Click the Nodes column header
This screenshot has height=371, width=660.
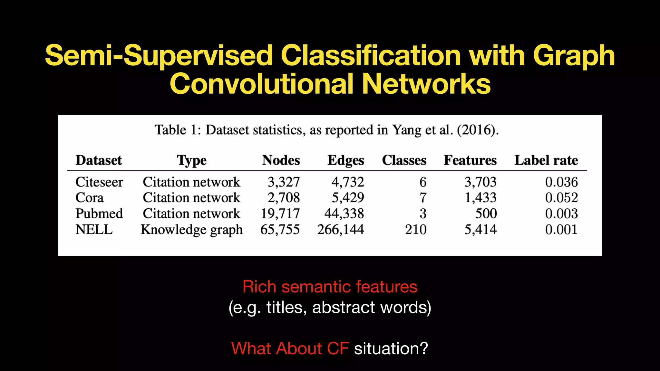pyautogui.click(x=281, y=160)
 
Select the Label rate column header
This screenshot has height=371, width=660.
pyautogui.click(x=546, y=160)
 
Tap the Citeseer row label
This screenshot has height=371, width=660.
pyautogui.click(x=99, y=182)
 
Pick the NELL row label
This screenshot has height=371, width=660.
pyautogui.click(x=94, y=230)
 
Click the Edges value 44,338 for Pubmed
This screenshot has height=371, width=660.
pyautogui.click(x=344, y=214)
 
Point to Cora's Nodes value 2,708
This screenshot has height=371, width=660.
pyautogui.click(x=284, y=197)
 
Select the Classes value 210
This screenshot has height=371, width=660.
pyautogui.click(x=416, y=230)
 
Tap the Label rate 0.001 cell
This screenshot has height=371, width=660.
pyautogui.click(x=561, y=230)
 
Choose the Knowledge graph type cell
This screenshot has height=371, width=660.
pyautogui.click(x=192, y=230)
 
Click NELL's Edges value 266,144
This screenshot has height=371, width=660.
pyautogui.click(x=341, y=230)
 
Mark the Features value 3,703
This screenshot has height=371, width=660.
pyautogui.click(x=480, y=182)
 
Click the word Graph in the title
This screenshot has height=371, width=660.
pyautogui.click(x=574, y=56)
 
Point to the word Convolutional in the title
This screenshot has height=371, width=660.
pyautogui.click(x=261, y=84)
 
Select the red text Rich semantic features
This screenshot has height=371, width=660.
pyautogui.click(x=330, y=287)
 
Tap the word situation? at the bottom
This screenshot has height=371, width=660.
pyautogui.click(x=391, y=348)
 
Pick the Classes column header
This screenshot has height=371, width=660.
pyautogui.click(x=404, y=160)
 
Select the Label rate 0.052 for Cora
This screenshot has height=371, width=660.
pyautogui.click(x=561, y=197)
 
